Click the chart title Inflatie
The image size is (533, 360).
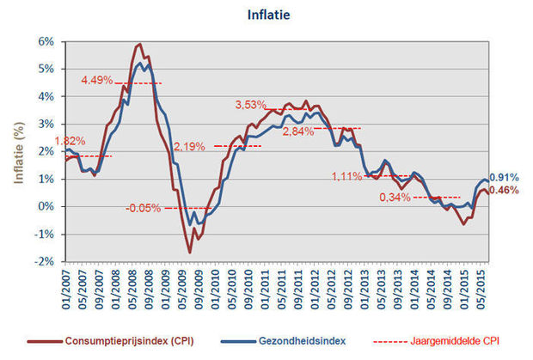pyautogui.click(x=268, y=15)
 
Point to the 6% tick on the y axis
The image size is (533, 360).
pyautogui.click(x=46, y=42)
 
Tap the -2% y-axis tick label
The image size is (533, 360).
pyautogui.click(x=45, y=262)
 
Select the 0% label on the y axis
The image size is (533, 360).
pyautogui.click(x=46, y=206)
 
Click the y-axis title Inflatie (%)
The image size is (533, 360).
pyautogui.click(x=19, y=153)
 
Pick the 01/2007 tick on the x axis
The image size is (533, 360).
pyautogui.click(x=66, y=290)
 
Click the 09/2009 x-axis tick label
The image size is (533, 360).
pyautogui.click(x=199, y=290)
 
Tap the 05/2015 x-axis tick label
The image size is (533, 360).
pyautogui.click(x=481, y=290)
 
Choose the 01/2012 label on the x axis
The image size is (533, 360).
pyautogui.click(x=316, y=290)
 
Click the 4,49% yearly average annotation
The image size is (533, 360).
pyautogui.click(x=97, y=81)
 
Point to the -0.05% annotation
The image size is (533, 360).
pyautogui.click(x=143, y=208)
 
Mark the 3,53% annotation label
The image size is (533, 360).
pyautogui.click(x=250, y=105)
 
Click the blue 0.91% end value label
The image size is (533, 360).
pyautogui.click(x=504, y=177)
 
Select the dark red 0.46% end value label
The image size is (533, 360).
pyautogui.click(x=504, y=190)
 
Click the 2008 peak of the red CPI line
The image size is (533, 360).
pyautogui.click(x=140, y=44)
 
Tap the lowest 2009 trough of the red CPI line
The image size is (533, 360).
pyautogui.click(x=190, y=253)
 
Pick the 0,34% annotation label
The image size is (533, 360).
pyautogui.click(x=395, y=197)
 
